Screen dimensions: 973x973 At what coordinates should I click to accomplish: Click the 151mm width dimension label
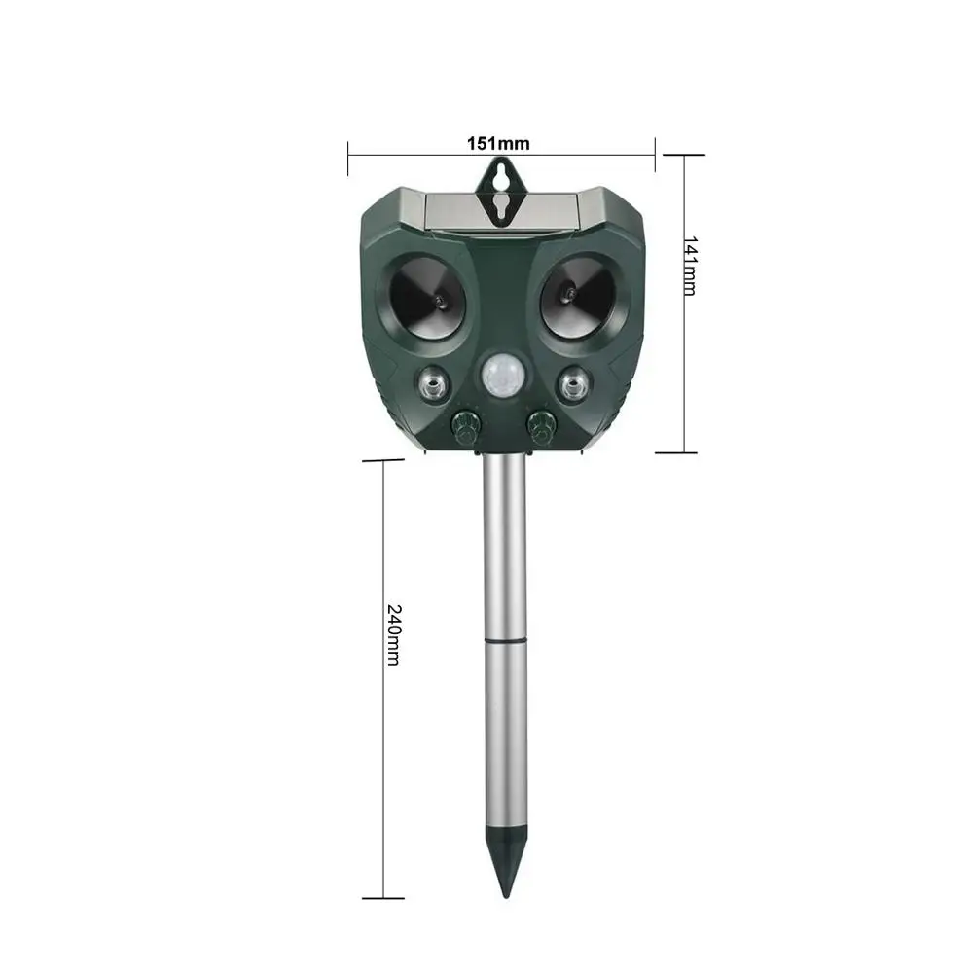498,143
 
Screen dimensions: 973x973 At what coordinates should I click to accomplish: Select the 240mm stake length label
393,634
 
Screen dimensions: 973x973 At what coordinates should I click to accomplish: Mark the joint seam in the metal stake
506,640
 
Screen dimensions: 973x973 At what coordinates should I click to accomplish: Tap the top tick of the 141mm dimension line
681,155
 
